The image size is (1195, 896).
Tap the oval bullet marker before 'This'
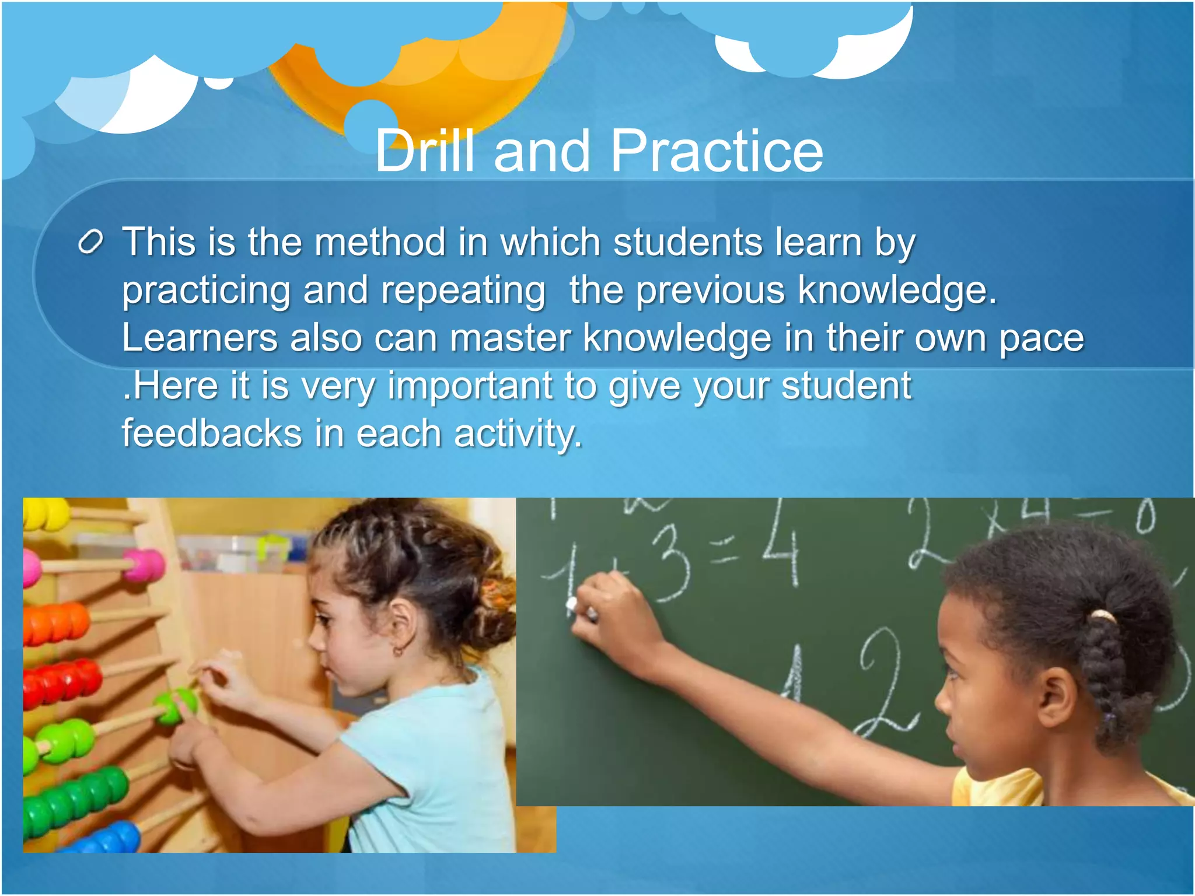[91, 242]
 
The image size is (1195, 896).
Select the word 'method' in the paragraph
[379, 242]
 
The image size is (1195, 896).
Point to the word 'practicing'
[206, 290]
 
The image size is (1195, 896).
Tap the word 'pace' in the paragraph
[1042, 338]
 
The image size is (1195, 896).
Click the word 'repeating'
[463, 290]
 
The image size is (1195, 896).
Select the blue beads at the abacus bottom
[111, 839]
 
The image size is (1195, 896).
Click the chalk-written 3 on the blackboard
[671, 563]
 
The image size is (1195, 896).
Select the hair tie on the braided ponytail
[1102, 616]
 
